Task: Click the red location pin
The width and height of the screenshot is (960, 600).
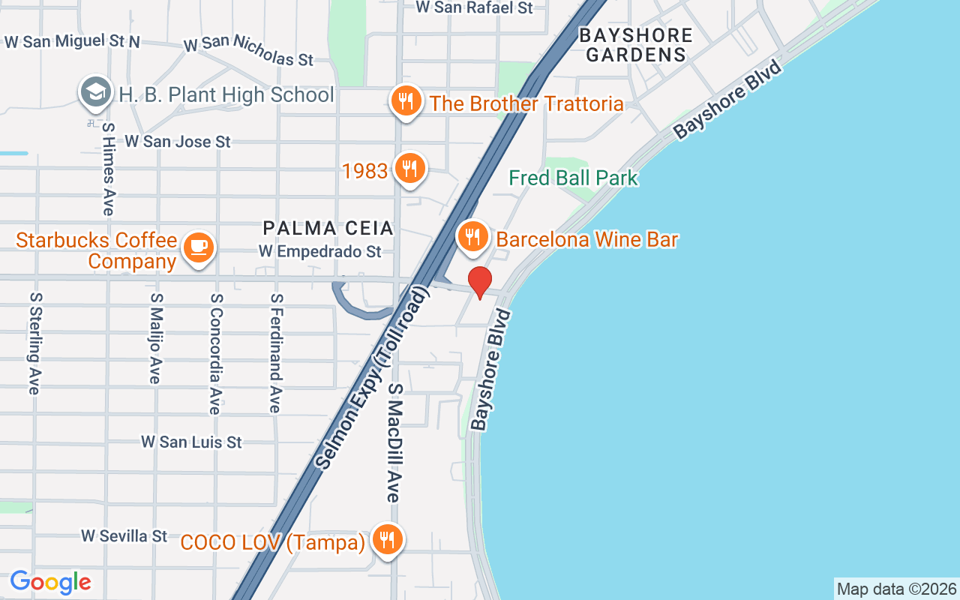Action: (x=480, y=282)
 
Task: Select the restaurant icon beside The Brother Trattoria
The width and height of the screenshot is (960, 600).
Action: (x=406, y=100)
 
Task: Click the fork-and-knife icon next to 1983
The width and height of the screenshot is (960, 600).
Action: (x=409, y=169)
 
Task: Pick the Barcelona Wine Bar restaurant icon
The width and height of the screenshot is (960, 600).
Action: (x=472, y=238)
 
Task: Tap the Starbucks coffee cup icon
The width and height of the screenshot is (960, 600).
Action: (x=198, y=247)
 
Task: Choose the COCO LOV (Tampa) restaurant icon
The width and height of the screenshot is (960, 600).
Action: (x=386, y=539)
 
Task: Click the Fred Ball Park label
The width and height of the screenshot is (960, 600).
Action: (x=573, y=178)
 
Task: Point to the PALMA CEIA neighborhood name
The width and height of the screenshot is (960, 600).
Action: (x=328, y=228)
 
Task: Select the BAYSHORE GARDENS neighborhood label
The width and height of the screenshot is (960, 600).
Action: (x=636, y=45)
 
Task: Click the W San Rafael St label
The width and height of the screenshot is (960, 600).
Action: (x=474, y=7)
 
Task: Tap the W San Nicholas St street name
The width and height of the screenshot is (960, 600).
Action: (x=248, y=49)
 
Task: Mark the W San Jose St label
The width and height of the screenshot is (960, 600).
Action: (x=178, y=141)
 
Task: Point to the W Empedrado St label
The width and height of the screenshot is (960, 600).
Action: (x=320, y=252)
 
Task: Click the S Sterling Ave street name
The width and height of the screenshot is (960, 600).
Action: (x=34, y=343)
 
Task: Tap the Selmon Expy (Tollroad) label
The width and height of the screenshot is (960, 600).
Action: (x=372, y=379)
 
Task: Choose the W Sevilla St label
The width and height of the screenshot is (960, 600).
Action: (x=124, y=535)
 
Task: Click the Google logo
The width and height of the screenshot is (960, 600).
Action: (x=50, y=582)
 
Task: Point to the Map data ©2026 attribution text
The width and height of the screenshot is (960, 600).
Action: (x=896, y=589)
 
